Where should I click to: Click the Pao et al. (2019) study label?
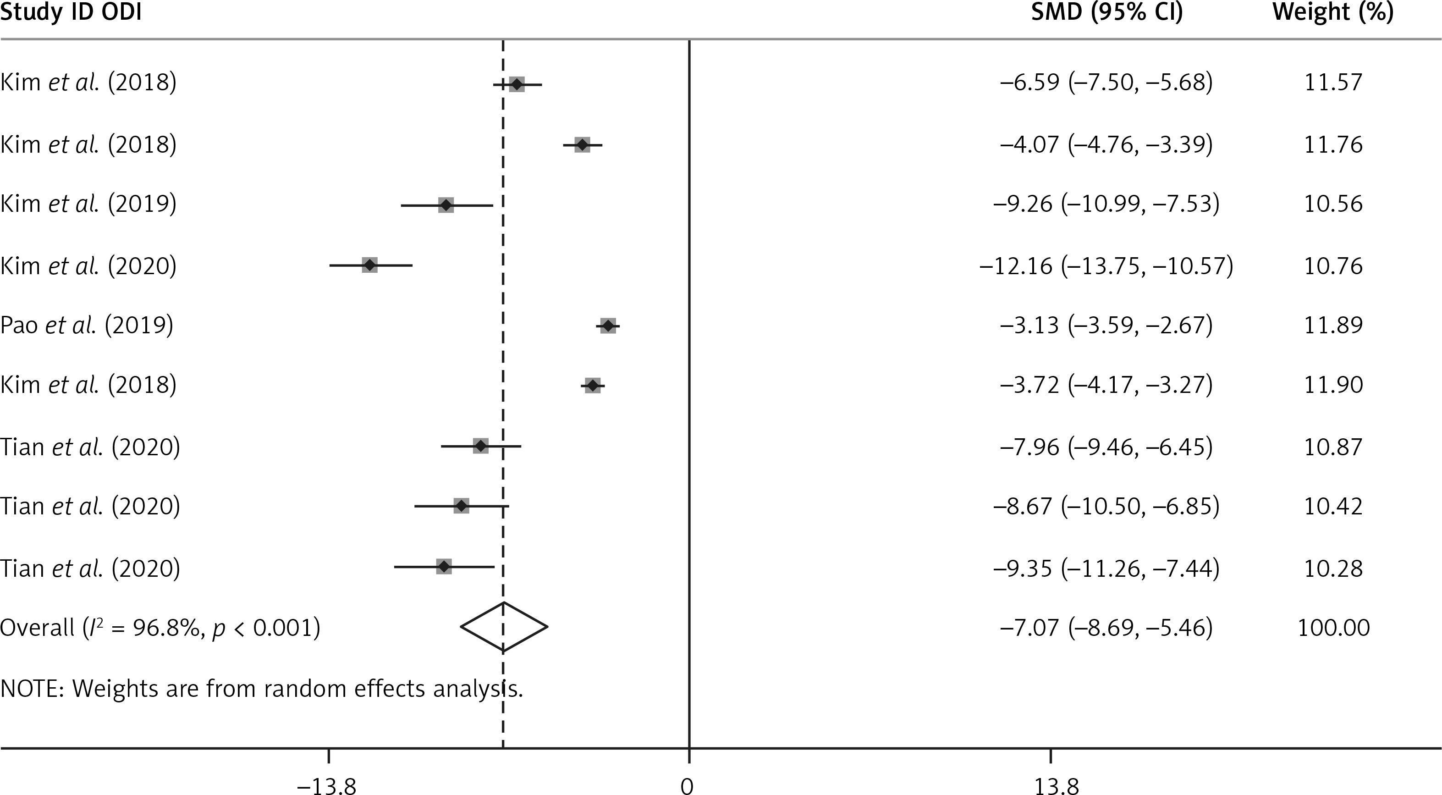(x=87, y=325)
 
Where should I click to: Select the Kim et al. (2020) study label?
(x=88, y=265)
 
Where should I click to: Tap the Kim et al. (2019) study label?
(x=88, y=204)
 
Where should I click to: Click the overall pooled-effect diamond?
(x=504, y=627)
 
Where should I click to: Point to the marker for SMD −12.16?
(x=369, y=265)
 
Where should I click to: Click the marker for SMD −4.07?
(x=582, y=145)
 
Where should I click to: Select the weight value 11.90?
(x=1333, y=385)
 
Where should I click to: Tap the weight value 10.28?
(x=1333, y=568)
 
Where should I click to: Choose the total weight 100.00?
(x=1333, y=628)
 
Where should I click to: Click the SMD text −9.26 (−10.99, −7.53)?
(x=1106, y=204)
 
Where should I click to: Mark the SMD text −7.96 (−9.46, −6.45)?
(x=1106, y=447)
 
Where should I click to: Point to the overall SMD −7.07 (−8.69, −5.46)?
(x=1106, y=628)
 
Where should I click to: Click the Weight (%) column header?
(x=1333, y=12)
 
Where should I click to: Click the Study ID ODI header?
(x=71, y=12)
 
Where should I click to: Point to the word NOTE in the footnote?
(x=33, y=689)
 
